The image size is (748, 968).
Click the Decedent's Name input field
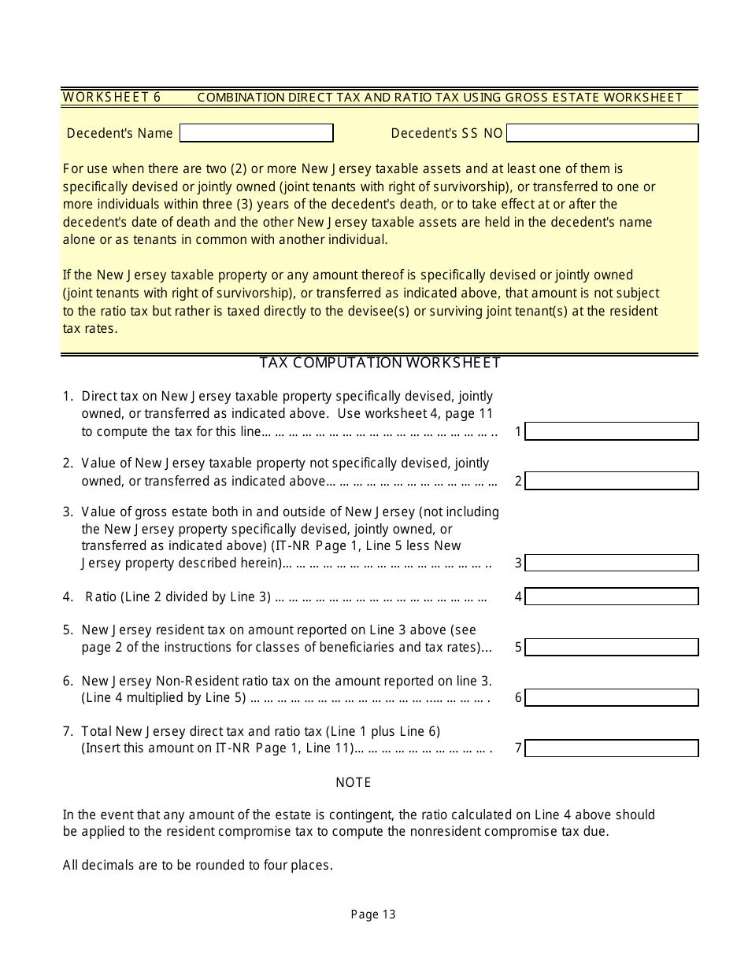pyautogui.click(x=256, y=133)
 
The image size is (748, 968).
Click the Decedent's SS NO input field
pyautogui.click(x=602, y=133)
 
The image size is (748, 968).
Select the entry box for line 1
pyautogui.click(x=611, y=431)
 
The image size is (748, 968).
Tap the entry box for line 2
pyautogui.click(x=611, y=481)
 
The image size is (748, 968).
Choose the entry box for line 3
pyautogui.click(x=611, y=563)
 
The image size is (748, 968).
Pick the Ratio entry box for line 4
pyautogui.click(x=611, y=597)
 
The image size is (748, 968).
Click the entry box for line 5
pyautogui.click(x=611, y=647)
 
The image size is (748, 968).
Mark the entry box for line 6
pyautogui.click(x=611, y=697)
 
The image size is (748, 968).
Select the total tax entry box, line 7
pyautogui.click(x=611, y=748)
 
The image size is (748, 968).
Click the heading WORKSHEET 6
pyautogui.click(x=111, y=97)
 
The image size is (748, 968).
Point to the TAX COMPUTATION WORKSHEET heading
pyautogui.click(x=380, y=363)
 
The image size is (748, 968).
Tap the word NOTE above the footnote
pyautogui.click(x=354, y=782)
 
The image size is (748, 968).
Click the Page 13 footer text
pyautogui.click(x=373, y=914)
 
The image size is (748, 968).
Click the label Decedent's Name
pyautogui.click(x=120, y=133)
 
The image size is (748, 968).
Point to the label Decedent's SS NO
pyautogui.click(x=446, y=133)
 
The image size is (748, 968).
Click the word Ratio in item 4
pyautogui.click(x=100, y=597)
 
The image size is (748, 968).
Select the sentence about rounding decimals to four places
pyautogui.click(x=198, y=865)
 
